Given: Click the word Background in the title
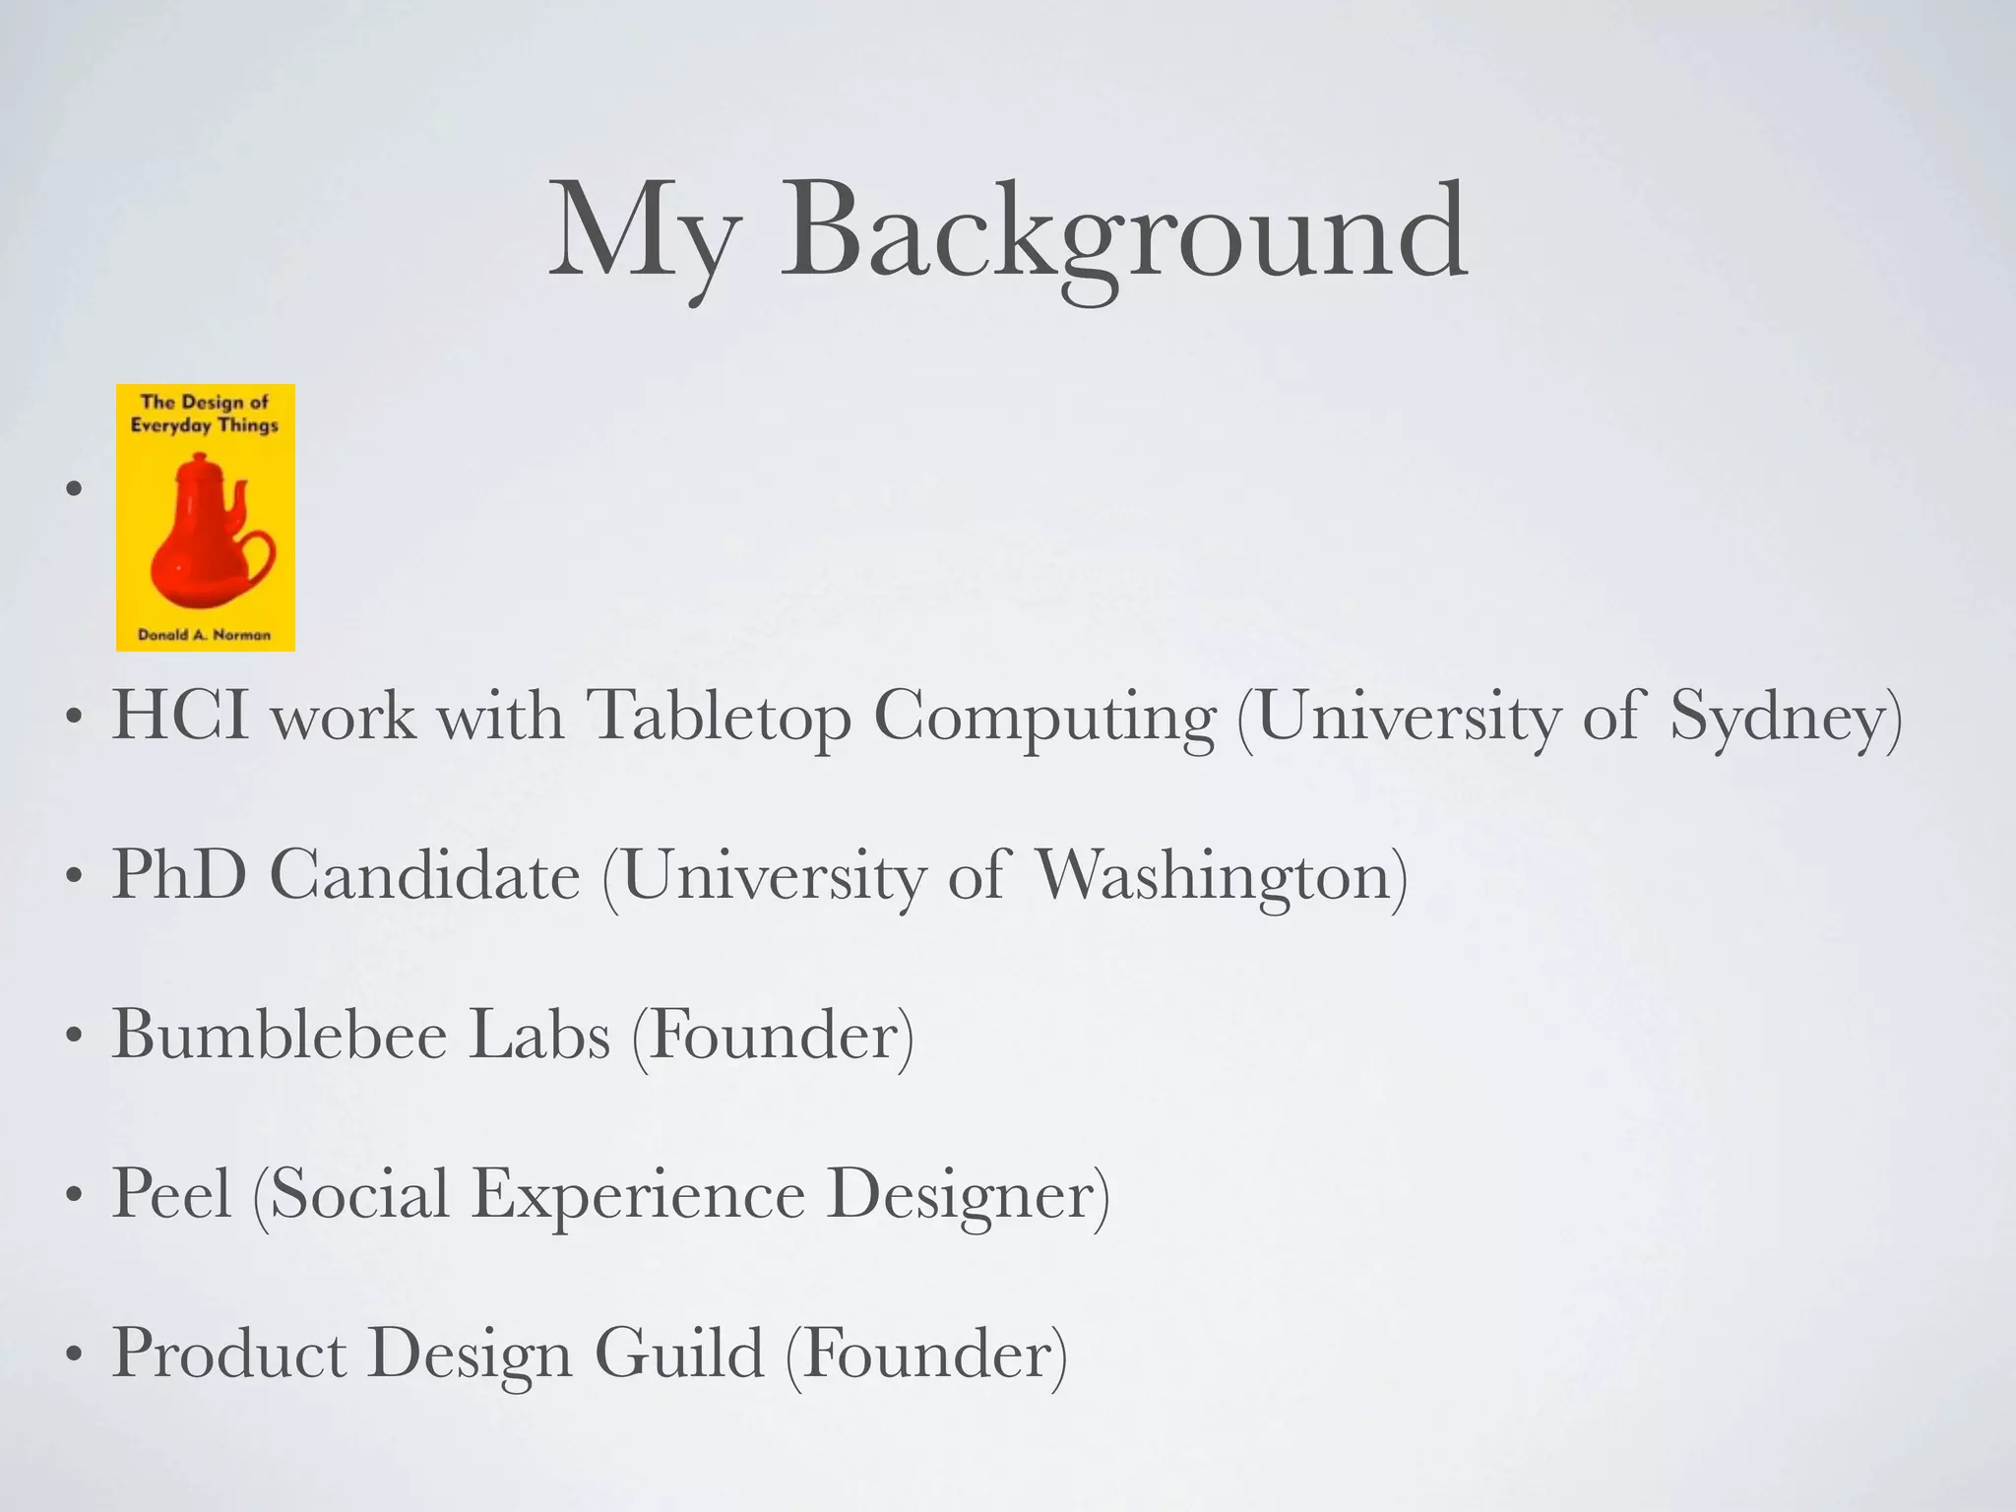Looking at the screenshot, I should [x=1123, y=233].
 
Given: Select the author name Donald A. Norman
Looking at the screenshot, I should [x=205, y=635].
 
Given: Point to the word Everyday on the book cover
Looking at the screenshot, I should [x=170, y=425].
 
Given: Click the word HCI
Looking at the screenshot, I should [x=180, y=715].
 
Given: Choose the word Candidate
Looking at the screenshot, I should [x=424, y=874].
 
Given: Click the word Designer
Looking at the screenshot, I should [x=959, y=1195].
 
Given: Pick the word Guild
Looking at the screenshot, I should [x=679, y=1354].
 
